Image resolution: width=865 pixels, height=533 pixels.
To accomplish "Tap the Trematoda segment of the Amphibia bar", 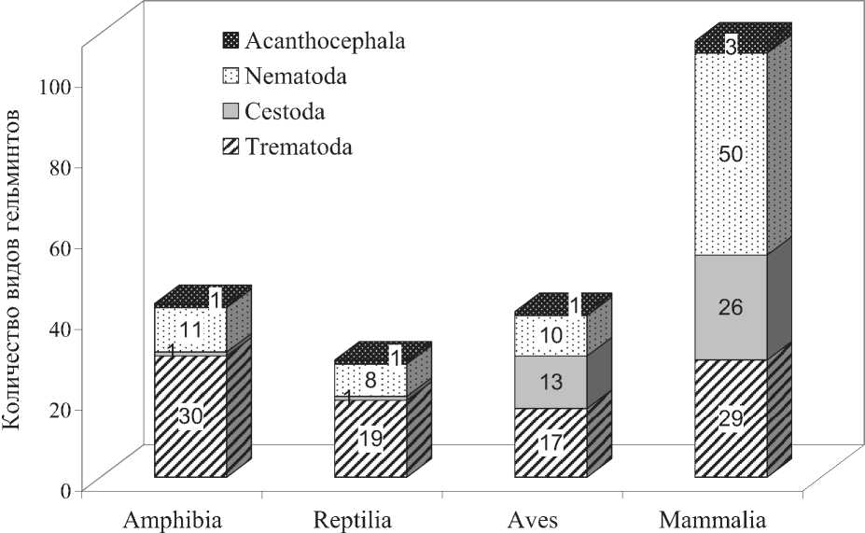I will pos(168,448).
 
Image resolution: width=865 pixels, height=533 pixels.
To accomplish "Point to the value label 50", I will pos(732,155).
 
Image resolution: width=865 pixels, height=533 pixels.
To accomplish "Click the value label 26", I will pos(732,306).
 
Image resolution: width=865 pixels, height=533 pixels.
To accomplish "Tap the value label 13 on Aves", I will pos(552,381).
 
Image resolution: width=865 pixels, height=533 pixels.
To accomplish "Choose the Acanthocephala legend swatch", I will pos(230,40).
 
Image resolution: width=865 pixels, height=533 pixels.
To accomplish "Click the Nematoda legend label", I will pos(296,76).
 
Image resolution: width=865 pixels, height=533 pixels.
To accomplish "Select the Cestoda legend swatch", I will pos(230,112).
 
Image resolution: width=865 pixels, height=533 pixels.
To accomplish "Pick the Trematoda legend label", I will pos(299,147).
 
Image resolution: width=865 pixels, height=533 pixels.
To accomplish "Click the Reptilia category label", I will pos(353,519).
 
